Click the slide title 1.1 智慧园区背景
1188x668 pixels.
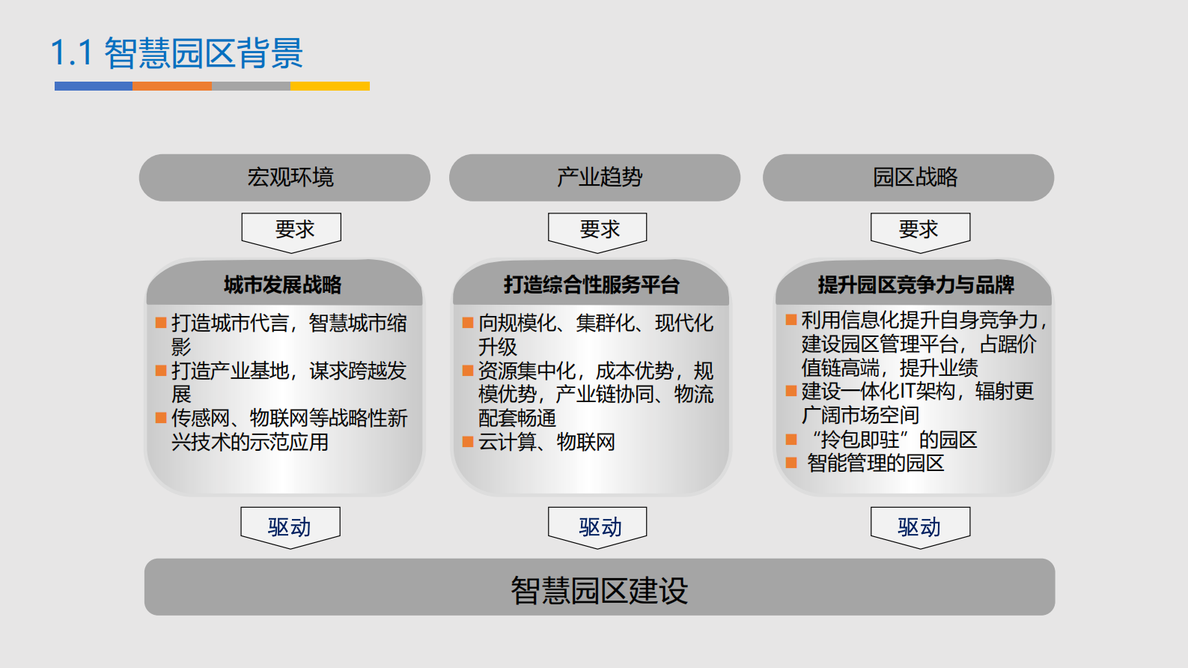click(x=177, y=53)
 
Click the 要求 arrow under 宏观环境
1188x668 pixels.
click(x=291, y=230)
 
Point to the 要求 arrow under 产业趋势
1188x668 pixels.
click(x=597, y=230)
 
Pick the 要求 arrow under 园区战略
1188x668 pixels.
click(x=920, y=230)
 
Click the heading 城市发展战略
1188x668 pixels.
click(x=283, y=285)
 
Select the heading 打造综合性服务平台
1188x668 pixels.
click(x=591, y=285)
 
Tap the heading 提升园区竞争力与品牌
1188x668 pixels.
click(x=916, y=285)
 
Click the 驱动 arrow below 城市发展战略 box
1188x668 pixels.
click(x=290, y=526)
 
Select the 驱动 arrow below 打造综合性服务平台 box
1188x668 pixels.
click(x=597, y=526)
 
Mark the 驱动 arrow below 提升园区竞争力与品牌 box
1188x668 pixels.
click(x=920, y=526)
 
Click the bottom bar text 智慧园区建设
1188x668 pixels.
click(x=599, y=590)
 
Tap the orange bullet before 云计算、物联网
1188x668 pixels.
click(x=468, y=442)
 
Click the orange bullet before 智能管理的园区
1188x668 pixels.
click(x=791, y=463)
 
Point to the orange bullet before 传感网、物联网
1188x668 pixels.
click(x=161, y=418)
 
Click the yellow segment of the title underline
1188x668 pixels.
click(x=330, y=86)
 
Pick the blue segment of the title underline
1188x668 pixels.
click(x=94, y=86)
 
